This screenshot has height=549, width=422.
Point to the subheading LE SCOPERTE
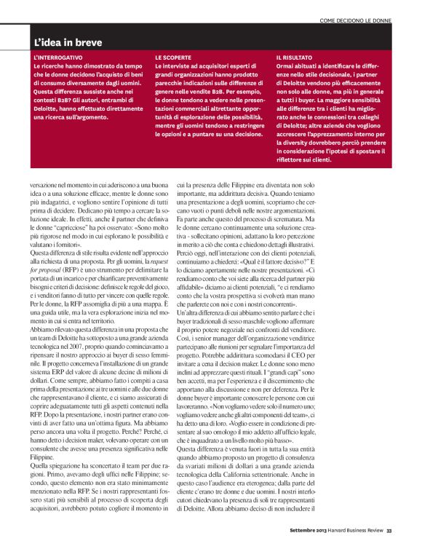172,56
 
